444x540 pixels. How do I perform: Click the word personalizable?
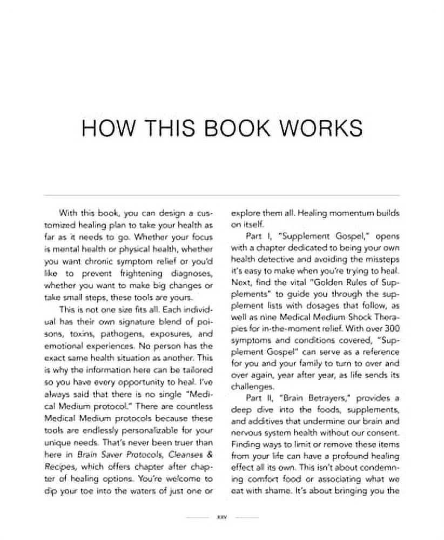click(x=145, y=429)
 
